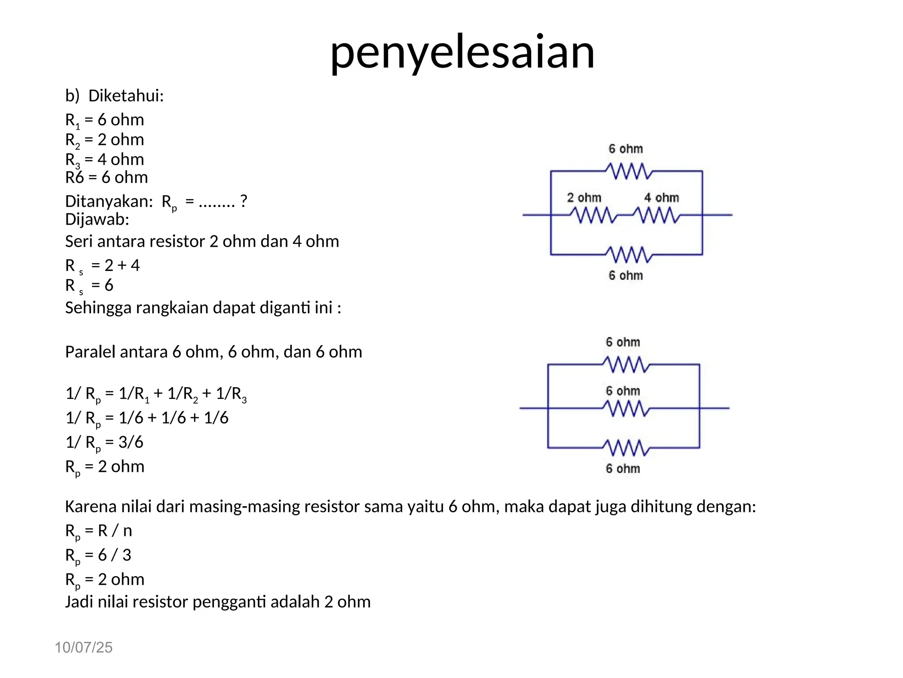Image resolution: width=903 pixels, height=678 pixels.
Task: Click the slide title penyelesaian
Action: [462, 52]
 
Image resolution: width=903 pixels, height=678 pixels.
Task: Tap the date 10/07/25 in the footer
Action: [83, 647]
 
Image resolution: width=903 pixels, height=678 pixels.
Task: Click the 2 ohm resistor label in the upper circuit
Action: [584, 198]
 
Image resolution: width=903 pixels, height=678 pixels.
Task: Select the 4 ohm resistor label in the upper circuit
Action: [661, 198]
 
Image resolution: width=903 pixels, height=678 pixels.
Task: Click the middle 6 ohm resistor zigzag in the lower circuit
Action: [626, 408]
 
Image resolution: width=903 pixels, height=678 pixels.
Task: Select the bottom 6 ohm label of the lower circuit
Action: [623, 468]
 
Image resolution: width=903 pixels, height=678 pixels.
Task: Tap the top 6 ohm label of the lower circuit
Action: [623, 342]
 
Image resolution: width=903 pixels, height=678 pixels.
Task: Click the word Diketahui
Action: [126, 96]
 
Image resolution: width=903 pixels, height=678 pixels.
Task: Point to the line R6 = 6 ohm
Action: [106, 177]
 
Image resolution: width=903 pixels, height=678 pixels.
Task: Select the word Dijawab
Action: [97, 219]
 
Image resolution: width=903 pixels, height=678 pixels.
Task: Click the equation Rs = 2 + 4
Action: [102, 266]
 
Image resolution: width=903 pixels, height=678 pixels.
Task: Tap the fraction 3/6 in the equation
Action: [131, 442]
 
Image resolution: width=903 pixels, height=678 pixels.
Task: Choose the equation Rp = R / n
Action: [98, 531]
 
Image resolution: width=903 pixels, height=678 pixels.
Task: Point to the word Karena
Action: [90, 506]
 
